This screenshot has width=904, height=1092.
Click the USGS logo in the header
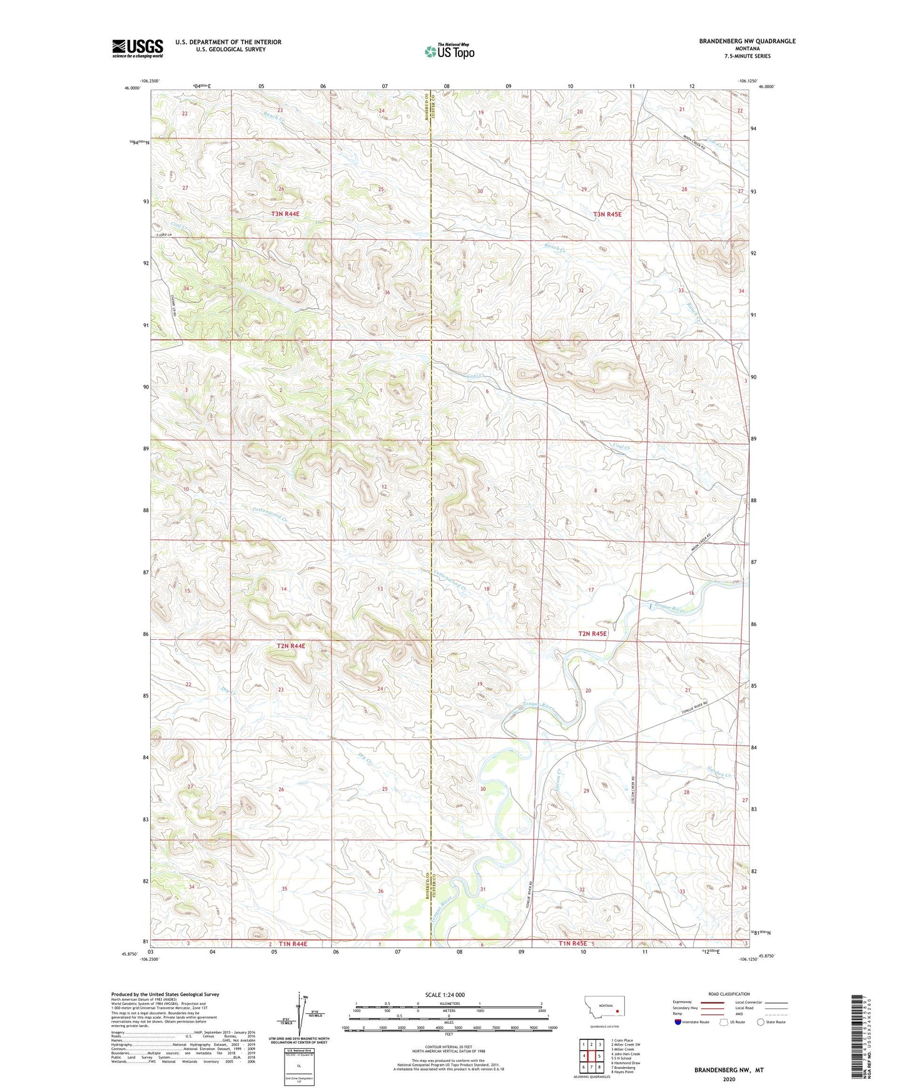pyautogui.click(x=138, y=48)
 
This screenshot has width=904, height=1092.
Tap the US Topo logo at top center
pyautogui.click(x=449, y=51)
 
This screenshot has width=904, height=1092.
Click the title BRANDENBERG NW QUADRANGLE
pyautogui.click(x=747, y=41)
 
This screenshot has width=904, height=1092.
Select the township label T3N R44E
pyautogui.click(x=285, y=214)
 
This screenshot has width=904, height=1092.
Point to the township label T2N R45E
pyautogui.click(x=592, y=634)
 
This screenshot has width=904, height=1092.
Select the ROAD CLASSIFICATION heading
pyautogui.click(x=729, y=994)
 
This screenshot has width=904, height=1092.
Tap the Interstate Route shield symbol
pyautogui.click(x=678, y=1022)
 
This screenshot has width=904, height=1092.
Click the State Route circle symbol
pyautogui.click(x=760, y=1022)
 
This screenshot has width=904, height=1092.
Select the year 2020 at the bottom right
pyautogui.click(x=728, y=1079)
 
